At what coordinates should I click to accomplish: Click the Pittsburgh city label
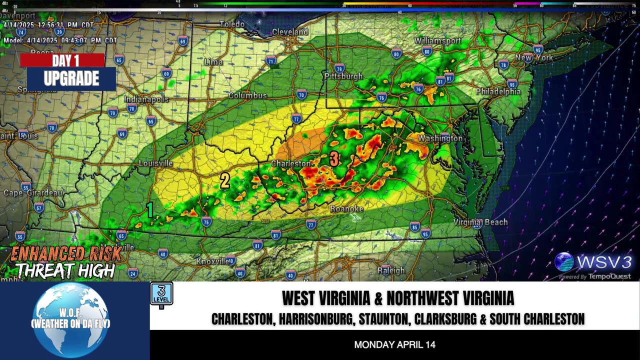click(x=343, y=76)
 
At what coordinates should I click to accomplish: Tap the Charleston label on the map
click(x=290, y=163)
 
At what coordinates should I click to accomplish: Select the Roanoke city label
click(x=346, y=208)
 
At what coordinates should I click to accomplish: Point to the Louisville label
click(x=155, y=163)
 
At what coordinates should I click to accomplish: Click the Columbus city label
click(x=247, y=95)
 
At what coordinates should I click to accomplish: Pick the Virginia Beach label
click(x=480, y=222)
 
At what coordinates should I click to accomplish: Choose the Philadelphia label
click(x=497, y=91)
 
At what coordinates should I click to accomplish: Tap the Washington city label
click(x=440, y=138)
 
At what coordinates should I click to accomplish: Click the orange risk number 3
click(x=334, y=159)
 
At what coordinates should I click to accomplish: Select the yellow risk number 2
click(x=225, y=181)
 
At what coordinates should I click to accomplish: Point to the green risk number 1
click(x=149, y=210)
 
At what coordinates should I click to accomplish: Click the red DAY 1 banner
click(x=62, y=60)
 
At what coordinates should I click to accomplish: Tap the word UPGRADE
click(x=71, y=78)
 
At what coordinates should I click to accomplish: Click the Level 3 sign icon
click(x=161, y=294)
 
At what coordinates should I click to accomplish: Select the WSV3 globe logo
click(x=564, y=262)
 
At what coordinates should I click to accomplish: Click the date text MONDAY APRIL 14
click(x=394, y=344)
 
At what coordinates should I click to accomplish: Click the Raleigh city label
click(x=391, y=270)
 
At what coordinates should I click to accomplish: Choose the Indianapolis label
click(x=146, y=99)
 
